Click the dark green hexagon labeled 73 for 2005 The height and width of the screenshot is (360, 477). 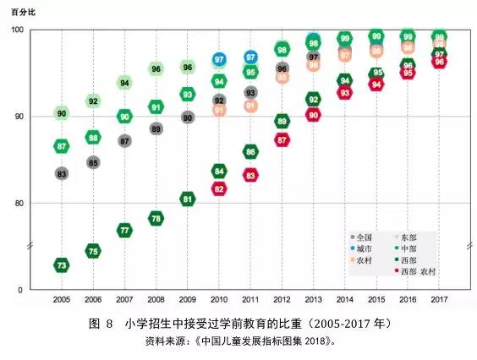[x=62, y=265]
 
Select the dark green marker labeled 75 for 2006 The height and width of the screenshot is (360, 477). [x=93, y=251]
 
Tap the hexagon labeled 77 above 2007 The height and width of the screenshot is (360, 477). [x=124, y=230]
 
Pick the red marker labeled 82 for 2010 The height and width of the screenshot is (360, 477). [x=219, y=189]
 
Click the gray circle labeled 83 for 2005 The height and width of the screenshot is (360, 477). [x=62, y=173]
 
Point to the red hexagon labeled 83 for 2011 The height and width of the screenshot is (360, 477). [x=250, y=175]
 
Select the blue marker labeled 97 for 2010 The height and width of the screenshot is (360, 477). [x=219, y=60]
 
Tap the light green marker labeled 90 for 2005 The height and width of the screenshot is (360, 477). [x=62, y=112]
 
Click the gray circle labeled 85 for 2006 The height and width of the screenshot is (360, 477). [x=93, y=162]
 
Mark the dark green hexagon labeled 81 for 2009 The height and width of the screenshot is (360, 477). [x=188, y=199]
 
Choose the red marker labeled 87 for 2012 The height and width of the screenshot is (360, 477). [x=282, y=139]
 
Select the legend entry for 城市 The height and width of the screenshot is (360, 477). [x=361, y=248]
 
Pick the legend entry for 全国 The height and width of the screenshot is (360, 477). [x=361, y=237]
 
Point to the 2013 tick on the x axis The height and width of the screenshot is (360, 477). [x=313, y=300]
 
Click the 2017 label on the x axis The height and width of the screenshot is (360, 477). [x=439, y=300]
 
